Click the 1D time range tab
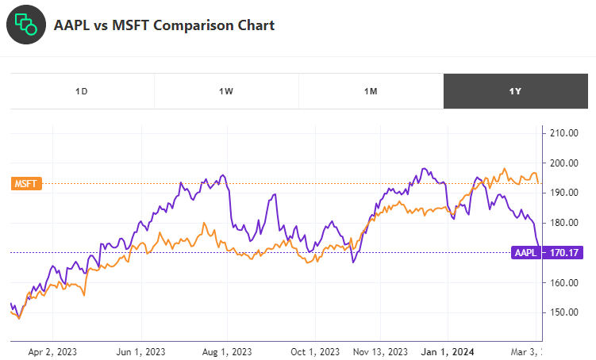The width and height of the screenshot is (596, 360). coord(82,91)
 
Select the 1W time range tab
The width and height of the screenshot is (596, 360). coord(226,91)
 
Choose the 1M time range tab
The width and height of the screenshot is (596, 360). coord(371,91)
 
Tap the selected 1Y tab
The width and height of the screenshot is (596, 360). coord(515,91)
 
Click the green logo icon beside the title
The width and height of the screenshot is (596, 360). coord(26,25)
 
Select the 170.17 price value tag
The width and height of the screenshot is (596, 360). coord(563,253)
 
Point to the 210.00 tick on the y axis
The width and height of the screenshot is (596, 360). coord(563,133)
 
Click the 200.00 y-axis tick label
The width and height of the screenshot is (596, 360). coord(563,163)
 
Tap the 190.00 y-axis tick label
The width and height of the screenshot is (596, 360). coord(563,193)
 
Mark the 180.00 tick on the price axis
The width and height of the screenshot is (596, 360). coord(563,223)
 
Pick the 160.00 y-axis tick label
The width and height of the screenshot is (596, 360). coord(563,282)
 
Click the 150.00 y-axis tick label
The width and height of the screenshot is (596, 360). coord(563,312)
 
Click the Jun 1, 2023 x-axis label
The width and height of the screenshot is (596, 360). coord(141,351)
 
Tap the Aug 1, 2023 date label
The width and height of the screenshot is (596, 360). coord(227,351)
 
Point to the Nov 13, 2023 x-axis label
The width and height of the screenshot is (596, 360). coord(379,351)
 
